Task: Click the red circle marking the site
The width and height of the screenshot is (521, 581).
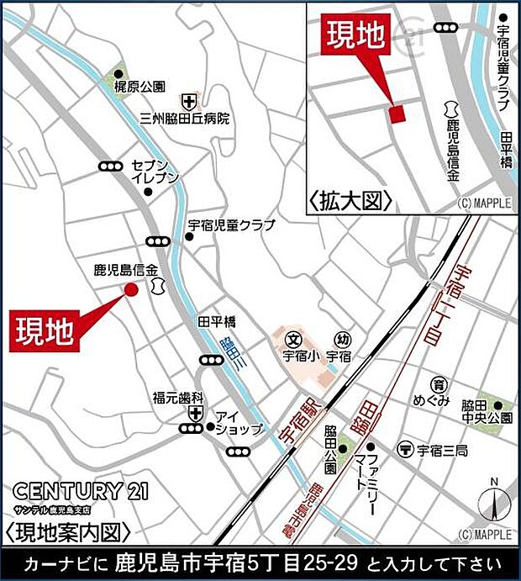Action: point(131,289)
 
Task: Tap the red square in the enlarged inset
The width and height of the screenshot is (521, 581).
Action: point(397,114)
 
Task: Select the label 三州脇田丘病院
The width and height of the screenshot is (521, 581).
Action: point(185,119)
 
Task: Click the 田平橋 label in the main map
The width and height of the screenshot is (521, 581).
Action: point(217,322)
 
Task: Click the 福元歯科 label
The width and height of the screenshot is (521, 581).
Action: point(178,396)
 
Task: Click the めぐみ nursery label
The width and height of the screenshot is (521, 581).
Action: point(437,399)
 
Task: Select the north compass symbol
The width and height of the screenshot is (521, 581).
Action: point(494,503)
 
